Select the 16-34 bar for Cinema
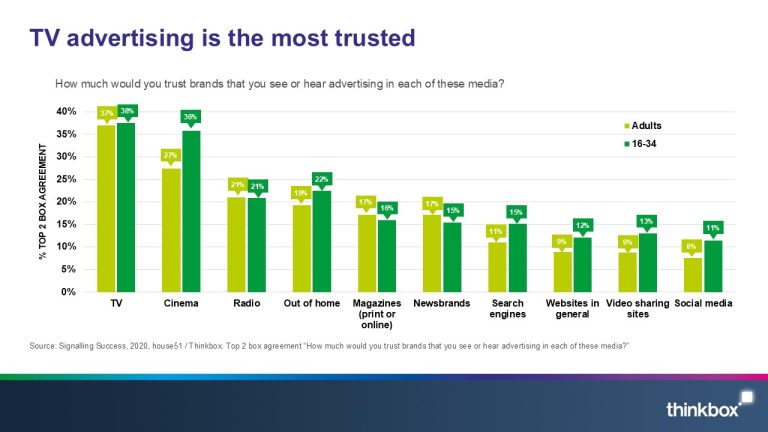pos(190,211)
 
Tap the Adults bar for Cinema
pos(171,230)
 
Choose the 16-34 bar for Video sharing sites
pos(647,262)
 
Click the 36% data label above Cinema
pos(190,117)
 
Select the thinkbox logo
pos(704,408)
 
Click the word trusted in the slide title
pos(361,38)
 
